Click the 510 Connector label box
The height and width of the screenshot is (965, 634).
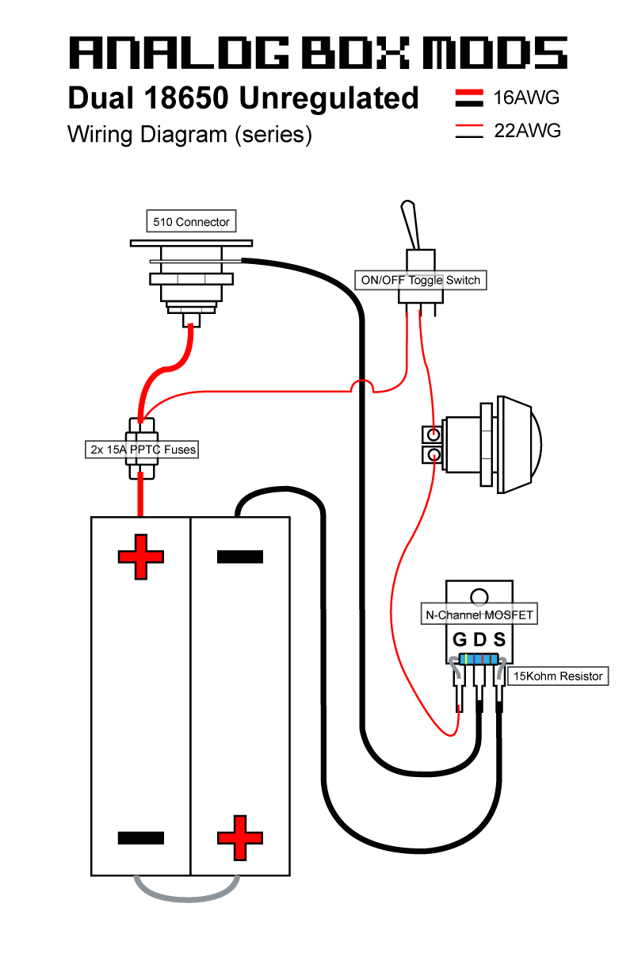click(x=191, y=222)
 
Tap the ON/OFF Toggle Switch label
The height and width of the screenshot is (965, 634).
click(x=420, y=280)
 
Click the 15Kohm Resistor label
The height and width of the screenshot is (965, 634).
click(x=559, y=676)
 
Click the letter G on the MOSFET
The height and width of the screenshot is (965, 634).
click(x=460, y=639)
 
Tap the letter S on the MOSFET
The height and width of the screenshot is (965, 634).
click(x=498, y=639)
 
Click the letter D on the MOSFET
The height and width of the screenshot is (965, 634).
click(x=479, y=639)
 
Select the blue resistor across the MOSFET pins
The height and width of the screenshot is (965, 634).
click(x=478, y=660)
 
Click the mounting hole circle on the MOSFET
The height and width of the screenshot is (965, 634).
click(x=479, y=596)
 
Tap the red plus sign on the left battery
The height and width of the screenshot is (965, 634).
click(x=140, y=556)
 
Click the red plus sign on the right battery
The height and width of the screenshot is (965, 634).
click(x=239, y=837)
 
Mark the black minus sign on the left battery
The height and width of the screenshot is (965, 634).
click(x=140, y=837)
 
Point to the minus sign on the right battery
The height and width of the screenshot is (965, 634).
click(x=239, y=556)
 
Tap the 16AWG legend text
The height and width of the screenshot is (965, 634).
click(x=526, y=98)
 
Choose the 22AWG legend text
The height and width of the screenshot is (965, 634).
click(x=527, y=131)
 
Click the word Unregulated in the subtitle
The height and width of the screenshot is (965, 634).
click(x=328, y=98)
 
